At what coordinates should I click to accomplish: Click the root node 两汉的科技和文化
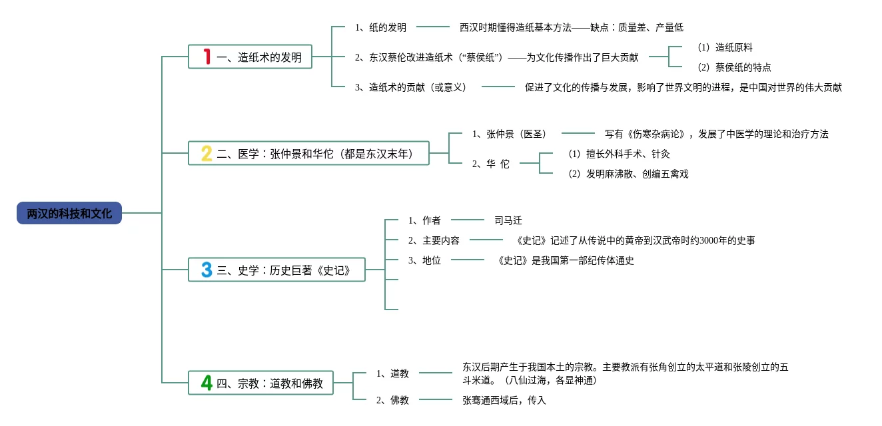69,213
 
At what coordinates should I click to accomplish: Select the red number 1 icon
207,57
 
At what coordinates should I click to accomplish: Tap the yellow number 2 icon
207,154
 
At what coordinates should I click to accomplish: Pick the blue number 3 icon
207,270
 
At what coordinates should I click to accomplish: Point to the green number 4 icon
207,383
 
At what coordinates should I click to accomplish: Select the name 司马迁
508,220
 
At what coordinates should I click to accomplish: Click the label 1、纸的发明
380,27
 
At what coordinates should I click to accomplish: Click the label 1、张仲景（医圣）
509,134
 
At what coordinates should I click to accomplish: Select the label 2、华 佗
490,164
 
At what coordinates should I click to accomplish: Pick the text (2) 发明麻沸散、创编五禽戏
628,174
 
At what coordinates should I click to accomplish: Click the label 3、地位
424,260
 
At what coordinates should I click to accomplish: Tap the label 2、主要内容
434,240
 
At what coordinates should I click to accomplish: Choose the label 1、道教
392,373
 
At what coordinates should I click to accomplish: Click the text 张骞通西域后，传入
504,400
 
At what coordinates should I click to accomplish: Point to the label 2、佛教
392,400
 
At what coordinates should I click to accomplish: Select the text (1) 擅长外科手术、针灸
619,154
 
